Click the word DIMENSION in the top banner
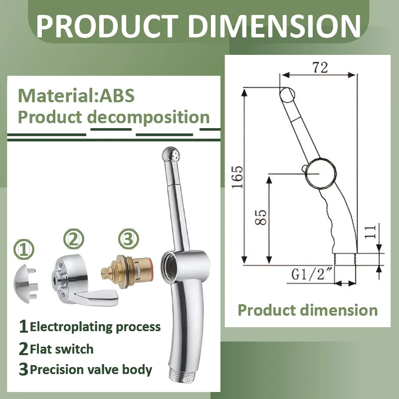[274, 26]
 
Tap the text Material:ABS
[76, 96]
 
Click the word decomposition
[148, 117]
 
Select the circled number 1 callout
[23, 250]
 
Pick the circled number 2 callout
[73, 239]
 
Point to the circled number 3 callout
[129, 239]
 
